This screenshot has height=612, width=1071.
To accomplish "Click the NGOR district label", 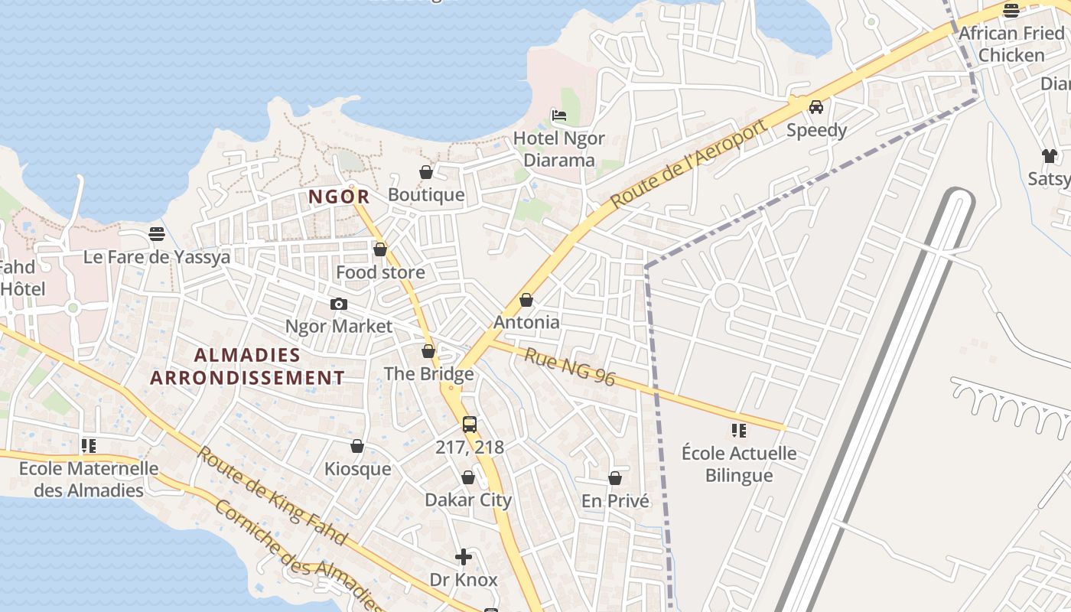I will tap(339, 197).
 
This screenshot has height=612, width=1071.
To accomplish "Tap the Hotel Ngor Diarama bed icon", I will tap(559, 116).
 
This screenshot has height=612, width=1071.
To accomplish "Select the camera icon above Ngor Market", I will tap(339, 304).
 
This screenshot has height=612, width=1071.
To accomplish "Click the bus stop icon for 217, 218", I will tap(470, 425).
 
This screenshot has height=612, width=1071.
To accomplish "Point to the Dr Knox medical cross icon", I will tap(464, 557).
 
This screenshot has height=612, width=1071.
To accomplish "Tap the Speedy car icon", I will tap(816, 107).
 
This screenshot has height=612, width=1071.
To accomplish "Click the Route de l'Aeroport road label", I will tap(688, 164).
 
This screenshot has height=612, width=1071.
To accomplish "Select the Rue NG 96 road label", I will tap(570, 366).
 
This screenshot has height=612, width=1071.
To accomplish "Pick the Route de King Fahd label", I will tap(272, 495).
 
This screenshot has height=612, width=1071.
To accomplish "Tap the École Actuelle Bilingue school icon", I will tap(738, 431).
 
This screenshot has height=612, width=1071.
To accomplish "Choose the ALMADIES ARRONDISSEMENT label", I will tap(247, 366).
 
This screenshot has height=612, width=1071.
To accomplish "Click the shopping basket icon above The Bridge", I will tap(428, 351).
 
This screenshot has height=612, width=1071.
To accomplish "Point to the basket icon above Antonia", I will tap(526, 300).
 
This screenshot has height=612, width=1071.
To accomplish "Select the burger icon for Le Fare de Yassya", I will tap(157, 234).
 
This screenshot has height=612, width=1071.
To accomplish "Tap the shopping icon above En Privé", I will tap(615, 478).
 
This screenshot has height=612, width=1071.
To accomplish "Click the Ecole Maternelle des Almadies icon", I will tap(89, 445).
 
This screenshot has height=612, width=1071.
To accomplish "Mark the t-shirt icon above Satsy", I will tap(1050, 156).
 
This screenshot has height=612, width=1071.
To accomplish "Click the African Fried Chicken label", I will tap(1011, 44).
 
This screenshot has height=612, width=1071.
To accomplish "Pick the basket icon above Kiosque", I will tap(357, 446).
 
